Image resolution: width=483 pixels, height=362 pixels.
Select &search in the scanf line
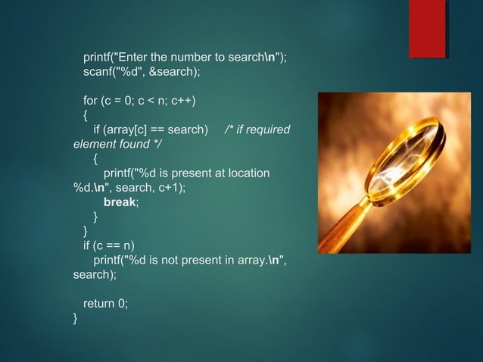click(173, 72)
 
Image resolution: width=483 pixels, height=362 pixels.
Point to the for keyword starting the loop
click(90, 101)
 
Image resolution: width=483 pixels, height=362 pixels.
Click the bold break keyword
click(120, 202)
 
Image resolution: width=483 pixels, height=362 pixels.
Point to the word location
click(248, 173)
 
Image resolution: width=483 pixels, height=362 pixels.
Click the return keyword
click(98, 304)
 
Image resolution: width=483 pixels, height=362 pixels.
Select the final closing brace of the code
click(75, 318)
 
